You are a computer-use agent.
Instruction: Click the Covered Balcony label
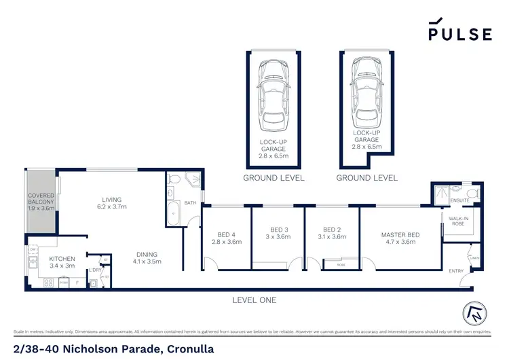point(40,202)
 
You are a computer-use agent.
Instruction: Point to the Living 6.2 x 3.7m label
point(111,203)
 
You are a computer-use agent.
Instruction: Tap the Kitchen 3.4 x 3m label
point(62,262)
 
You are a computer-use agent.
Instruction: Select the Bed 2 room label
point(332,234)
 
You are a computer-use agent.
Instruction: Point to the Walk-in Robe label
point(459,221)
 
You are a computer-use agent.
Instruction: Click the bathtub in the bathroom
point(173,214)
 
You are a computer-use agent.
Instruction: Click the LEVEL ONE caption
point(253,300)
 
